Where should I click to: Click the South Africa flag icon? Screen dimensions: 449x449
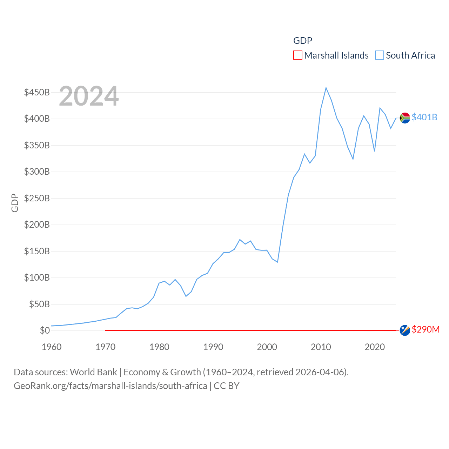pyautogui.click(x=405, y=118)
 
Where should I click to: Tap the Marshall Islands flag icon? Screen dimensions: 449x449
pyautogui.click(x=405, y=330)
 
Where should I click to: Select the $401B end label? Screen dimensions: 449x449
pyautogui.click(x=424, y=117)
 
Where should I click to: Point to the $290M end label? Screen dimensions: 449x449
pyautogui.click(x=425, y=329)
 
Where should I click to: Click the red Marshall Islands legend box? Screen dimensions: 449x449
pyautogui.click(x=297, y=55)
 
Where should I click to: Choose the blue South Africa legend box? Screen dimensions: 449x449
pyautogui.click(x=380, y=55)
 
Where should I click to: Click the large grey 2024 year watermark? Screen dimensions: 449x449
pyautogui.click(x=89, y=96)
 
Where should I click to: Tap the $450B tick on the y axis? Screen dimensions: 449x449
pyautogui.click(x=37, y=92)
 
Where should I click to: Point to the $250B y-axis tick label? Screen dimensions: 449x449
pyautogui.click(x=37, y=198)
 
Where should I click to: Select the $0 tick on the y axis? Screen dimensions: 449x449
pyautogui.click(x=45, y=330)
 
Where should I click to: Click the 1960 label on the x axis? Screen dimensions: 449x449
pyautogui.click(x=52, y=347)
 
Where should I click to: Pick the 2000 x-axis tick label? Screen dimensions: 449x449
pyautogui.click(x=267, y=347)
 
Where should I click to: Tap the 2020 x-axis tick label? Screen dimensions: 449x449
pyautogui.click(x=375, y=347)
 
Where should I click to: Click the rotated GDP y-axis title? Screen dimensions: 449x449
pyautogui.click(x=15, y=203)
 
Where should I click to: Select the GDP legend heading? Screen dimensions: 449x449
pyautogui.click(x=303, y=41)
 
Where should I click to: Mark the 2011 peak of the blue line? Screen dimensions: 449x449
pyautogui.click(x=326, y=88)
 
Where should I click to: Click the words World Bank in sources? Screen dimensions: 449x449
pyautogui.click(x=94, y=372)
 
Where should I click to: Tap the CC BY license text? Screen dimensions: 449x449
pyautogui.click(x=227, y=386)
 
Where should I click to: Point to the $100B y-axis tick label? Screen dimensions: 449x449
pyautogui.click(x=37, y=277)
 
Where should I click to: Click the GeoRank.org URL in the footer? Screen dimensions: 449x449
pyautogui.click(x=110, y=386)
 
